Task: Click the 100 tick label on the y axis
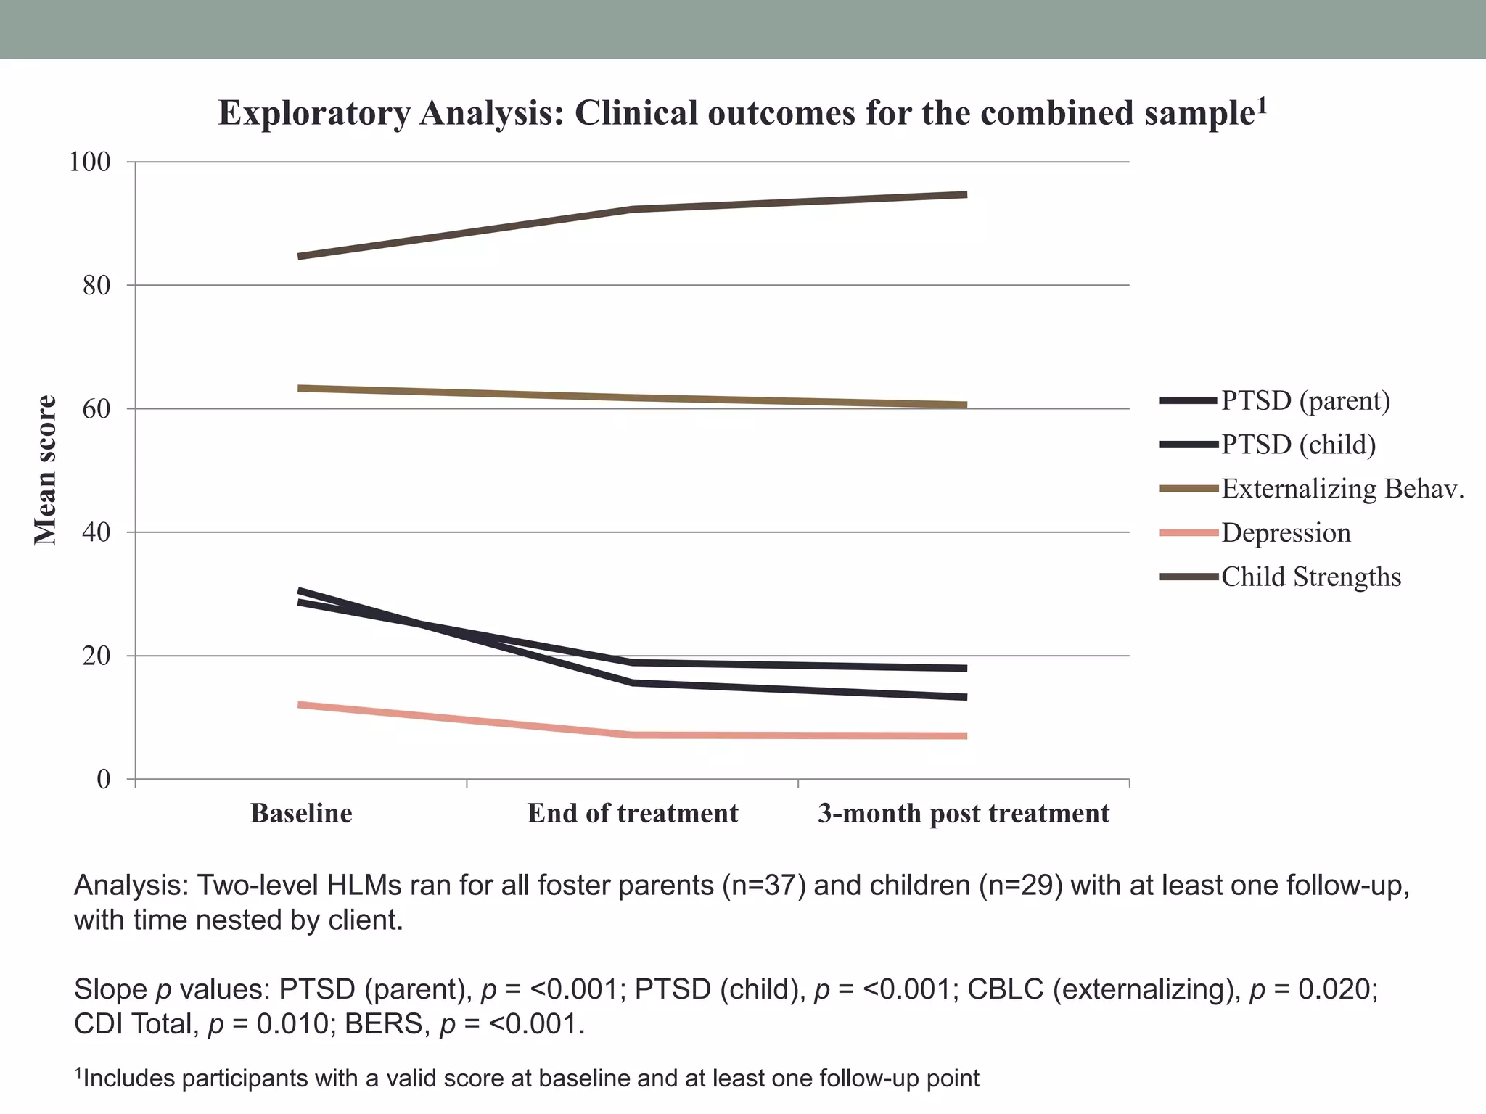[89, 162]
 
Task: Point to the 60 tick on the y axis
[97, 409]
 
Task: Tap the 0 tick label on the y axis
[104, 780]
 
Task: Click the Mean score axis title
[46, 470]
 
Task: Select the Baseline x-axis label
[301, 813]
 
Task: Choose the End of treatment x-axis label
[633, 813]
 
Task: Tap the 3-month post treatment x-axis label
[964, 813]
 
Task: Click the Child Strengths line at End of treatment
[633, 210]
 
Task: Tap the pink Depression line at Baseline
[301, 705]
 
